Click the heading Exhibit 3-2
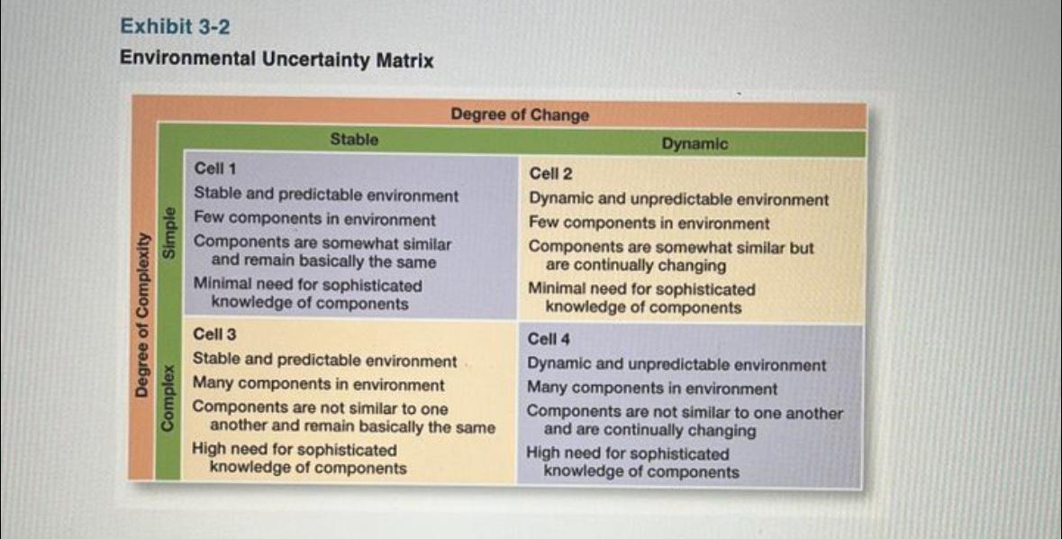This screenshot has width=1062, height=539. [x=175, y=27]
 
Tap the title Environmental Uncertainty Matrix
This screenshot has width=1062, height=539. [x=277, y=60]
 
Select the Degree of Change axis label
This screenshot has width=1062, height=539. [x=520, y=114]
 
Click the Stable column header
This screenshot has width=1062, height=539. [x=354, y=139]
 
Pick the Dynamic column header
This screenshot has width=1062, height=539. [x=694, y=143]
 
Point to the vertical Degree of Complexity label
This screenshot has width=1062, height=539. [x=141, y=314]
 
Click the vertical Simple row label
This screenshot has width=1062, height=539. [x=168, y=235]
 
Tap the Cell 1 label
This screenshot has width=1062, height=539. [x=216, y=168]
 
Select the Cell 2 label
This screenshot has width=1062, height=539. [x=551, y=173]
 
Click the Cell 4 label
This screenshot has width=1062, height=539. [x=549, y=339]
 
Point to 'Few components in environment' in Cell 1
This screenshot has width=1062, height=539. [x=314, y=219]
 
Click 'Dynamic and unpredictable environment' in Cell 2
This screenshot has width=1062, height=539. [x=678, y=199]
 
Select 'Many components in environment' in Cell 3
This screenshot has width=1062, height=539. [x=319, y=385]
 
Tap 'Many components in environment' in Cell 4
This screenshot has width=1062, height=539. [x=652, y=388]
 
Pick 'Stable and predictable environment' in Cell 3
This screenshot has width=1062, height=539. [x=325, y=361]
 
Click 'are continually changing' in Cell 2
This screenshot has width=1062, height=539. [x=635, y=266]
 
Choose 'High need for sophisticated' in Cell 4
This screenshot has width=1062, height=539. [x=628, y=453]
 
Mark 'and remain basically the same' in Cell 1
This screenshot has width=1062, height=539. [x=322, y=262]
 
